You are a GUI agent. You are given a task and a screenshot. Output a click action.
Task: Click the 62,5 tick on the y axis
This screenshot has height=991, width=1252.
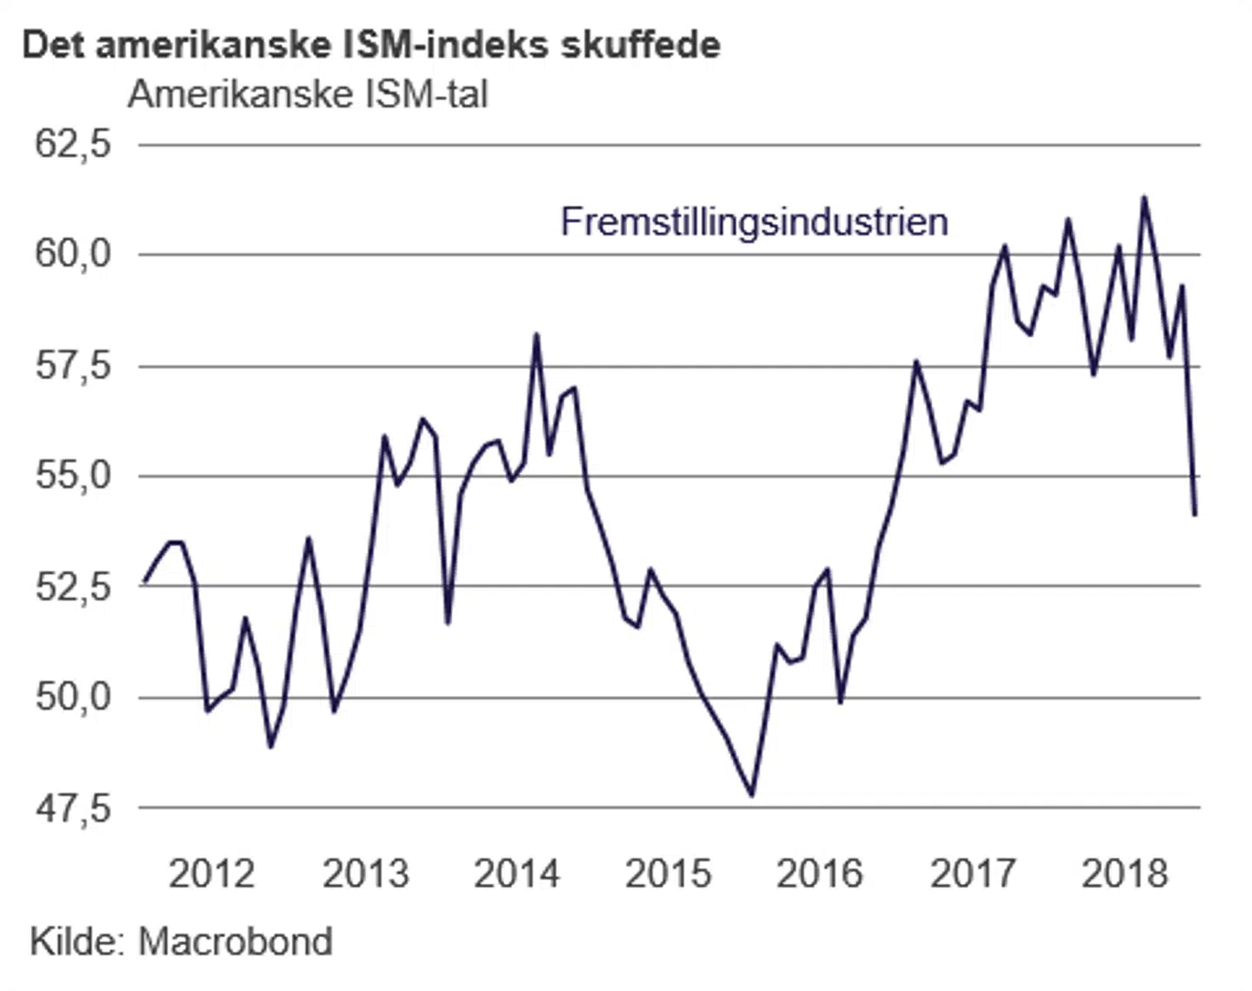click(73, 143)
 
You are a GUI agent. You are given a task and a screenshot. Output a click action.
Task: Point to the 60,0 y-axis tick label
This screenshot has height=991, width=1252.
click(73, 254)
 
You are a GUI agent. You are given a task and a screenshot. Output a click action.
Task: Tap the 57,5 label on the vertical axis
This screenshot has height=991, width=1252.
click(73, 365)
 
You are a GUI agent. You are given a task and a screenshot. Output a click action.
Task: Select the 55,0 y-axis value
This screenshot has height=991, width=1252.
click(73, 476)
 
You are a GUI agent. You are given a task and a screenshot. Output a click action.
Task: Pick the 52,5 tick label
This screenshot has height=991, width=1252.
click(73, 586)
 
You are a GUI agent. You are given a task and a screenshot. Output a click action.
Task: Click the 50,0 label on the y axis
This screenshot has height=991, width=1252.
click(73, 697)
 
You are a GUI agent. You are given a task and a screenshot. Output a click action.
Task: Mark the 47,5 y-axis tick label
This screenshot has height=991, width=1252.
click(73, 808)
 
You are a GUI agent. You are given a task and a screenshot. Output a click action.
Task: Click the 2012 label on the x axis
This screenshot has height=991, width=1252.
click(211, 874)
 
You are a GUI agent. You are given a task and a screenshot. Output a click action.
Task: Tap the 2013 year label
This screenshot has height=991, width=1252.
click(365, 874)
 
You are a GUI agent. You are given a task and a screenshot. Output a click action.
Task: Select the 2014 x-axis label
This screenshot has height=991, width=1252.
click(516, 874)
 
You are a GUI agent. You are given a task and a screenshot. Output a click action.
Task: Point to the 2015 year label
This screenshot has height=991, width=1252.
click(668, 874)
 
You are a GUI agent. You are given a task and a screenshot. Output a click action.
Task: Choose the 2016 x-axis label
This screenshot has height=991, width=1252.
click(819, 874)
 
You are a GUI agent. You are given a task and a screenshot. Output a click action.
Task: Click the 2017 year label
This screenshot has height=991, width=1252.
click(972, 874)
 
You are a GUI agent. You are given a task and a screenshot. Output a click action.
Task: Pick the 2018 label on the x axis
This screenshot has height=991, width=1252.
click(1124, 874)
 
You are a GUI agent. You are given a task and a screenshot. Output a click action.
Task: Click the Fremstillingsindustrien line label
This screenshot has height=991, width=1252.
click(754, 222)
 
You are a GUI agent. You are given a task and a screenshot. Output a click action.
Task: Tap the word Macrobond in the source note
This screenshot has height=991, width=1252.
click(235, 941)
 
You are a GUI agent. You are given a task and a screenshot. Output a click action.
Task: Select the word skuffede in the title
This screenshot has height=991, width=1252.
click(640, 45)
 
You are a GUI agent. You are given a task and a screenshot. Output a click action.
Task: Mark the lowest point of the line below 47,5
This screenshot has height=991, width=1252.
click(752, 795)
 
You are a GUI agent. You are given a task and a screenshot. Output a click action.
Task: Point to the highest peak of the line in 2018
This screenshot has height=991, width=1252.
click(1144, 197)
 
